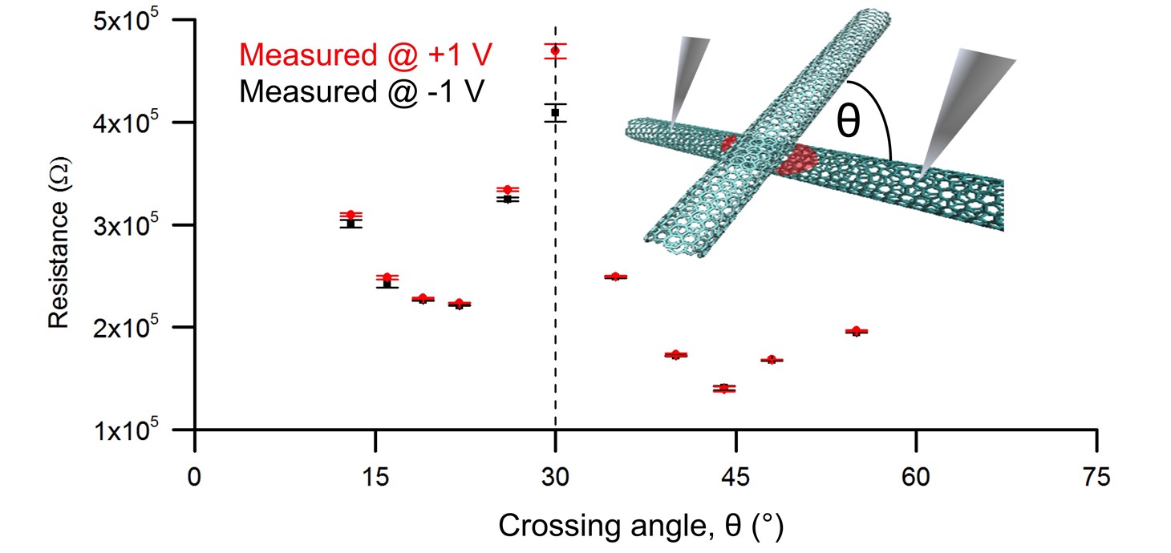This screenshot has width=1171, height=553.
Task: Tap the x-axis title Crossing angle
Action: tap(640, 527)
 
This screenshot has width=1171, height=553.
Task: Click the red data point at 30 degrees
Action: tap(555, 51)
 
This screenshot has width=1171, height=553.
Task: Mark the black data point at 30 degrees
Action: tap(555, 113)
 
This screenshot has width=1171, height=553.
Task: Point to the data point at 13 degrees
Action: tap(350, 216)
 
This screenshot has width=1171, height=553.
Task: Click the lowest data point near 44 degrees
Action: tap(724, 389)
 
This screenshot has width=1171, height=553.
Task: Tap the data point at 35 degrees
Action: tap(615, 276)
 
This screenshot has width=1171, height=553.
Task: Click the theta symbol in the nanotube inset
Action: tap(849, 123)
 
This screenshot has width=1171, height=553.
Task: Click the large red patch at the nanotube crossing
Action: tap(796, 160)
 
